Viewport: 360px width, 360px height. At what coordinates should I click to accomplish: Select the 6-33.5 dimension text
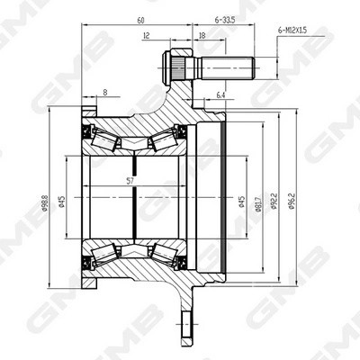224,17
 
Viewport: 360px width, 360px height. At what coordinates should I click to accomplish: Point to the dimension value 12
147,36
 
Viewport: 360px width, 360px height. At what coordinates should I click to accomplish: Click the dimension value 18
202,36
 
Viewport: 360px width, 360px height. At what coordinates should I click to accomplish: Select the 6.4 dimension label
221,94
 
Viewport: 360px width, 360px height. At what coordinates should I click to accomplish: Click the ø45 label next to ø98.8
60,206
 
